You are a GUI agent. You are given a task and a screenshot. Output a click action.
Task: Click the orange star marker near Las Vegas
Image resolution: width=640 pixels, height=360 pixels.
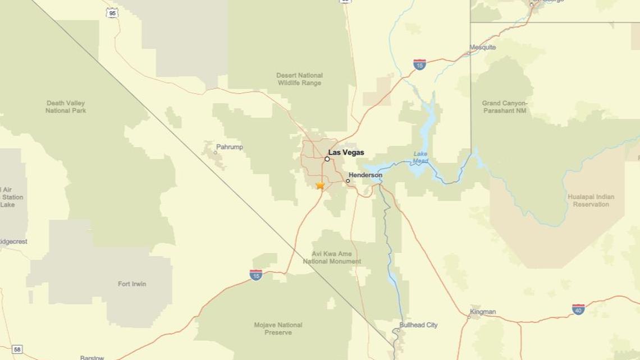pos(320,185)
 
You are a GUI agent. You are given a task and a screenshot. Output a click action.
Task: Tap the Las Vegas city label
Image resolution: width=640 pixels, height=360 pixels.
pos(346,152)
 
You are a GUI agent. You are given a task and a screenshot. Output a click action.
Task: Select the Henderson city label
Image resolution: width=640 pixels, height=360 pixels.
pos(365,175)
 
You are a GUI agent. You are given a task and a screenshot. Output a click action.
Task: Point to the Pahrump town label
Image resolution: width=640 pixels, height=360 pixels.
pos(229,147)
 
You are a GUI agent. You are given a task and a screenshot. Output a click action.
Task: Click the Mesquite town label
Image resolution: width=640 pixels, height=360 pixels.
pos(483,47)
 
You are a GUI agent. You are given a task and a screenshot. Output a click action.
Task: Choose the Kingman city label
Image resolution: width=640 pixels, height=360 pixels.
pos(483,312)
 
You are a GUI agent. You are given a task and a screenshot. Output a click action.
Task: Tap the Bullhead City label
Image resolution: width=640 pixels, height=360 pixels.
pos(418,325)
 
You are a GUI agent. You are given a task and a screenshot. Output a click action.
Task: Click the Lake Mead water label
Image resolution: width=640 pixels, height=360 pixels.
pos(420,157)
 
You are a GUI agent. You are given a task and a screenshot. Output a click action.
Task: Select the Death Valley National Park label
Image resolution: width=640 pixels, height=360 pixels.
pos(66,107)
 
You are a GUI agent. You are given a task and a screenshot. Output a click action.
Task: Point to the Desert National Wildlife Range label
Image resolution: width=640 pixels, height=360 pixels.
pos(299,79)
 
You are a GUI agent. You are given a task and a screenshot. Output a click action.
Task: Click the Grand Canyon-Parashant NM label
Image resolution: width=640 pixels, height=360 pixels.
pos(504,107)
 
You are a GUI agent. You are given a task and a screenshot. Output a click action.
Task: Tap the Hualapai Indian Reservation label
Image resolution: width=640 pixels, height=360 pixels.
pos(591,200)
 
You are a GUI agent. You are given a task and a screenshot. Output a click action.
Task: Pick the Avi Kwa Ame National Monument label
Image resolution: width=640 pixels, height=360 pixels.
pos(332,258)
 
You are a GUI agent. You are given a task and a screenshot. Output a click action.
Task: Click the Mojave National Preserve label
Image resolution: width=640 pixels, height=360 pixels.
pos(278,329)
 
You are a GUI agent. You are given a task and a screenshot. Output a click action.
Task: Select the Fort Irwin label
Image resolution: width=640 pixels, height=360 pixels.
pos(132,284)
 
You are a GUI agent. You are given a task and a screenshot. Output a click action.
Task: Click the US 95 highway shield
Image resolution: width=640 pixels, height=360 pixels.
pos(112,12)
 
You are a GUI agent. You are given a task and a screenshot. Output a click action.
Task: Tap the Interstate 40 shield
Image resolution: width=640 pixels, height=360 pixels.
pos(578,309)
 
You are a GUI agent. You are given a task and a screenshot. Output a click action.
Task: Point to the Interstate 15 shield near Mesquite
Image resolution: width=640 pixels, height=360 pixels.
pos(419,64)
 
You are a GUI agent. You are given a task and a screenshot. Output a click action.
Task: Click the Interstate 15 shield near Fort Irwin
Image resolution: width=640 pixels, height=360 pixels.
pos(256,275)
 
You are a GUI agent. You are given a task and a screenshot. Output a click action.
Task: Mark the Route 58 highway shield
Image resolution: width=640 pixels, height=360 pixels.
pos(17,349)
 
